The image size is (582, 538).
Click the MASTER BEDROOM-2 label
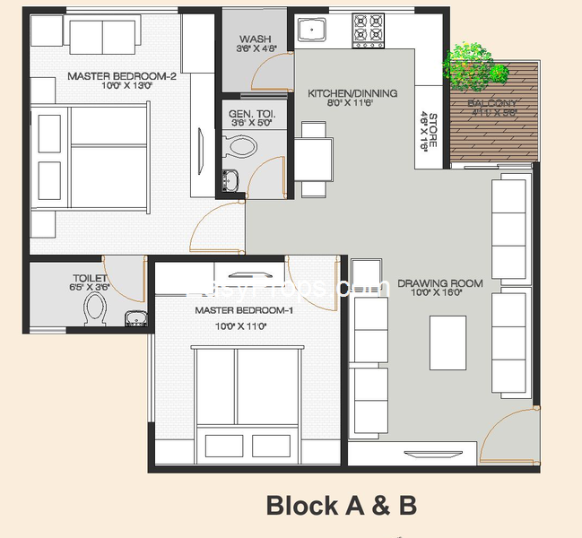click(x=122, y=76)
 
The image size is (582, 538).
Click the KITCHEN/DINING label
click(x=352, y=93)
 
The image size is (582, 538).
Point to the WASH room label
click(x=256, y=39)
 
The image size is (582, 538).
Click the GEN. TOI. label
click(x=251, y=115)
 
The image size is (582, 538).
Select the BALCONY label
click(x=491, y=104)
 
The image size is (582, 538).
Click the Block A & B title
click(x=341, y=506)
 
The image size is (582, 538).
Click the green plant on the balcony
click(x=466, y=65)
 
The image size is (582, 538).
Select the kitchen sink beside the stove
click(x=313, y=30)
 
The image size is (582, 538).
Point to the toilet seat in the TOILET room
click(x=94, y=311)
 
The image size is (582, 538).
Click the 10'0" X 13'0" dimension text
click(x=122, y=87)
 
